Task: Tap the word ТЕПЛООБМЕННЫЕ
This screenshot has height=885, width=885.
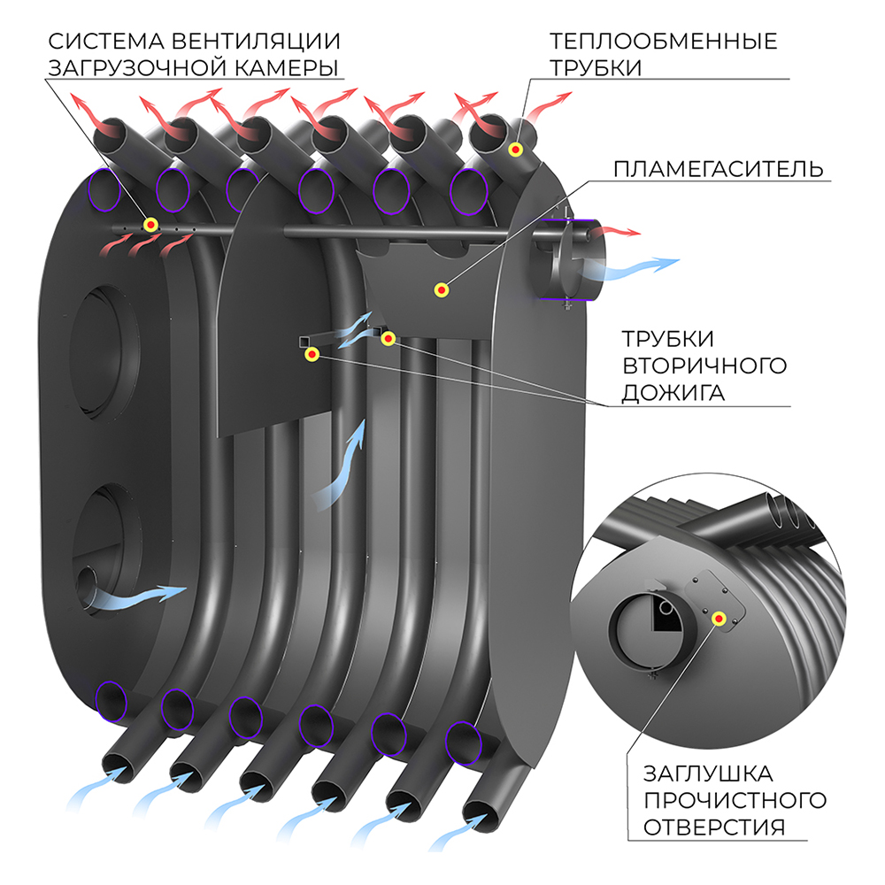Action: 663,41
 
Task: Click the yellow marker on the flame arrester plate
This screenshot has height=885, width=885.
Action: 440,289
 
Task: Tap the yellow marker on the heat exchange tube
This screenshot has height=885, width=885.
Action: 514,151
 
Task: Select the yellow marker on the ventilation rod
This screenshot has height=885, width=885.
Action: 150,226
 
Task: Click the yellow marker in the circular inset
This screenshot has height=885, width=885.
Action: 719,619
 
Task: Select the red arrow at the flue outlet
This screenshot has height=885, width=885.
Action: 614,232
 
